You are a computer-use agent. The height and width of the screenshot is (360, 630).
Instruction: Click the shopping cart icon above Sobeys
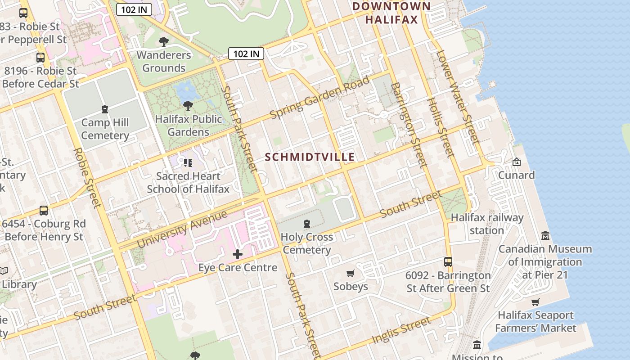pyautogui.click(x=351, y=273)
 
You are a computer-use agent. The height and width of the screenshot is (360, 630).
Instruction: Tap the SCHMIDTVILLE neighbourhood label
pyautogui.click(x=310, y=157)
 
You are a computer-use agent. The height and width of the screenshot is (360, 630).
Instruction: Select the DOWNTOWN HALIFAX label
pyautogui.click(x=391, y=13)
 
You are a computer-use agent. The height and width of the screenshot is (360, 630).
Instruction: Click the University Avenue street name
pyautogui.click(x=182, y=229)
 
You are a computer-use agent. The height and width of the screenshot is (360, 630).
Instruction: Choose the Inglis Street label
pyautogui.click(x=401, y=330)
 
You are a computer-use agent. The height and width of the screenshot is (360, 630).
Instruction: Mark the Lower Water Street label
pyautogui.click(x=456, y=97)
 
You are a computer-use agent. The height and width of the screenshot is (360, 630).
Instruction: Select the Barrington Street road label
pyautogui.click(x=408, y=125)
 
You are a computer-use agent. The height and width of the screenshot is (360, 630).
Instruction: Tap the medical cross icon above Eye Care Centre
pyautogui.click(x=238, y=255)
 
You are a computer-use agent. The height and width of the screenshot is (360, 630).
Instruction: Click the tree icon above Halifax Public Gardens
pyautogui.click(x=188, y=106)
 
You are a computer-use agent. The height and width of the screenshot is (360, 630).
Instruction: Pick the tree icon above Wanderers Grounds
pyautogui.click(x=164, y=42)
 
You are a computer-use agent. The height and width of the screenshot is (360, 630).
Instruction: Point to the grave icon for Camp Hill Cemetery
pyautogui.click(x=105, y=109)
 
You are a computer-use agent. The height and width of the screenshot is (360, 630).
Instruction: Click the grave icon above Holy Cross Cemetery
pyautogui.click(x=307, y=224)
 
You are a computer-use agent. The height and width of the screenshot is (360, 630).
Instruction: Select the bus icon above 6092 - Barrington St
pyautogui.click(x=448, y=262)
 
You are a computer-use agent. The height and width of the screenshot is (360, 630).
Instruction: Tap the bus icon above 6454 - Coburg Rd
pyautogui.click(x=44, y=211)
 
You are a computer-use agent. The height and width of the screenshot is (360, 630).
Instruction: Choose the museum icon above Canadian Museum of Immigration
pyautogui.click(x=545, y=235)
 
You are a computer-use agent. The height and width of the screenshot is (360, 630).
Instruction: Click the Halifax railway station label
pyautogui.click(x=487, y=224)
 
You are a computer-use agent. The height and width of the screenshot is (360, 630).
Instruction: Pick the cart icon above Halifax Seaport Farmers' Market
pyautogui.click(x=535, y=302)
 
